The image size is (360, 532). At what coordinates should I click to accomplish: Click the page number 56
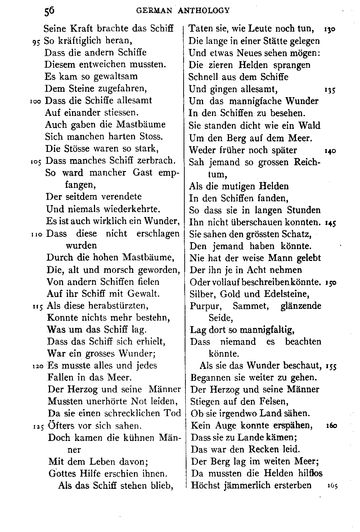click(x=49, y=11)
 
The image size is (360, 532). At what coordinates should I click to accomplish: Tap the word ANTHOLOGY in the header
click(x=203, y=11)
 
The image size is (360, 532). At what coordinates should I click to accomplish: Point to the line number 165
click(x=332, y=486)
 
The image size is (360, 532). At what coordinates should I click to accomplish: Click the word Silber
click(x=201, y=294)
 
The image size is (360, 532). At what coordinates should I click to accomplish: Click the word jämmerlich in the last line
click(x=240, y=486)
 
